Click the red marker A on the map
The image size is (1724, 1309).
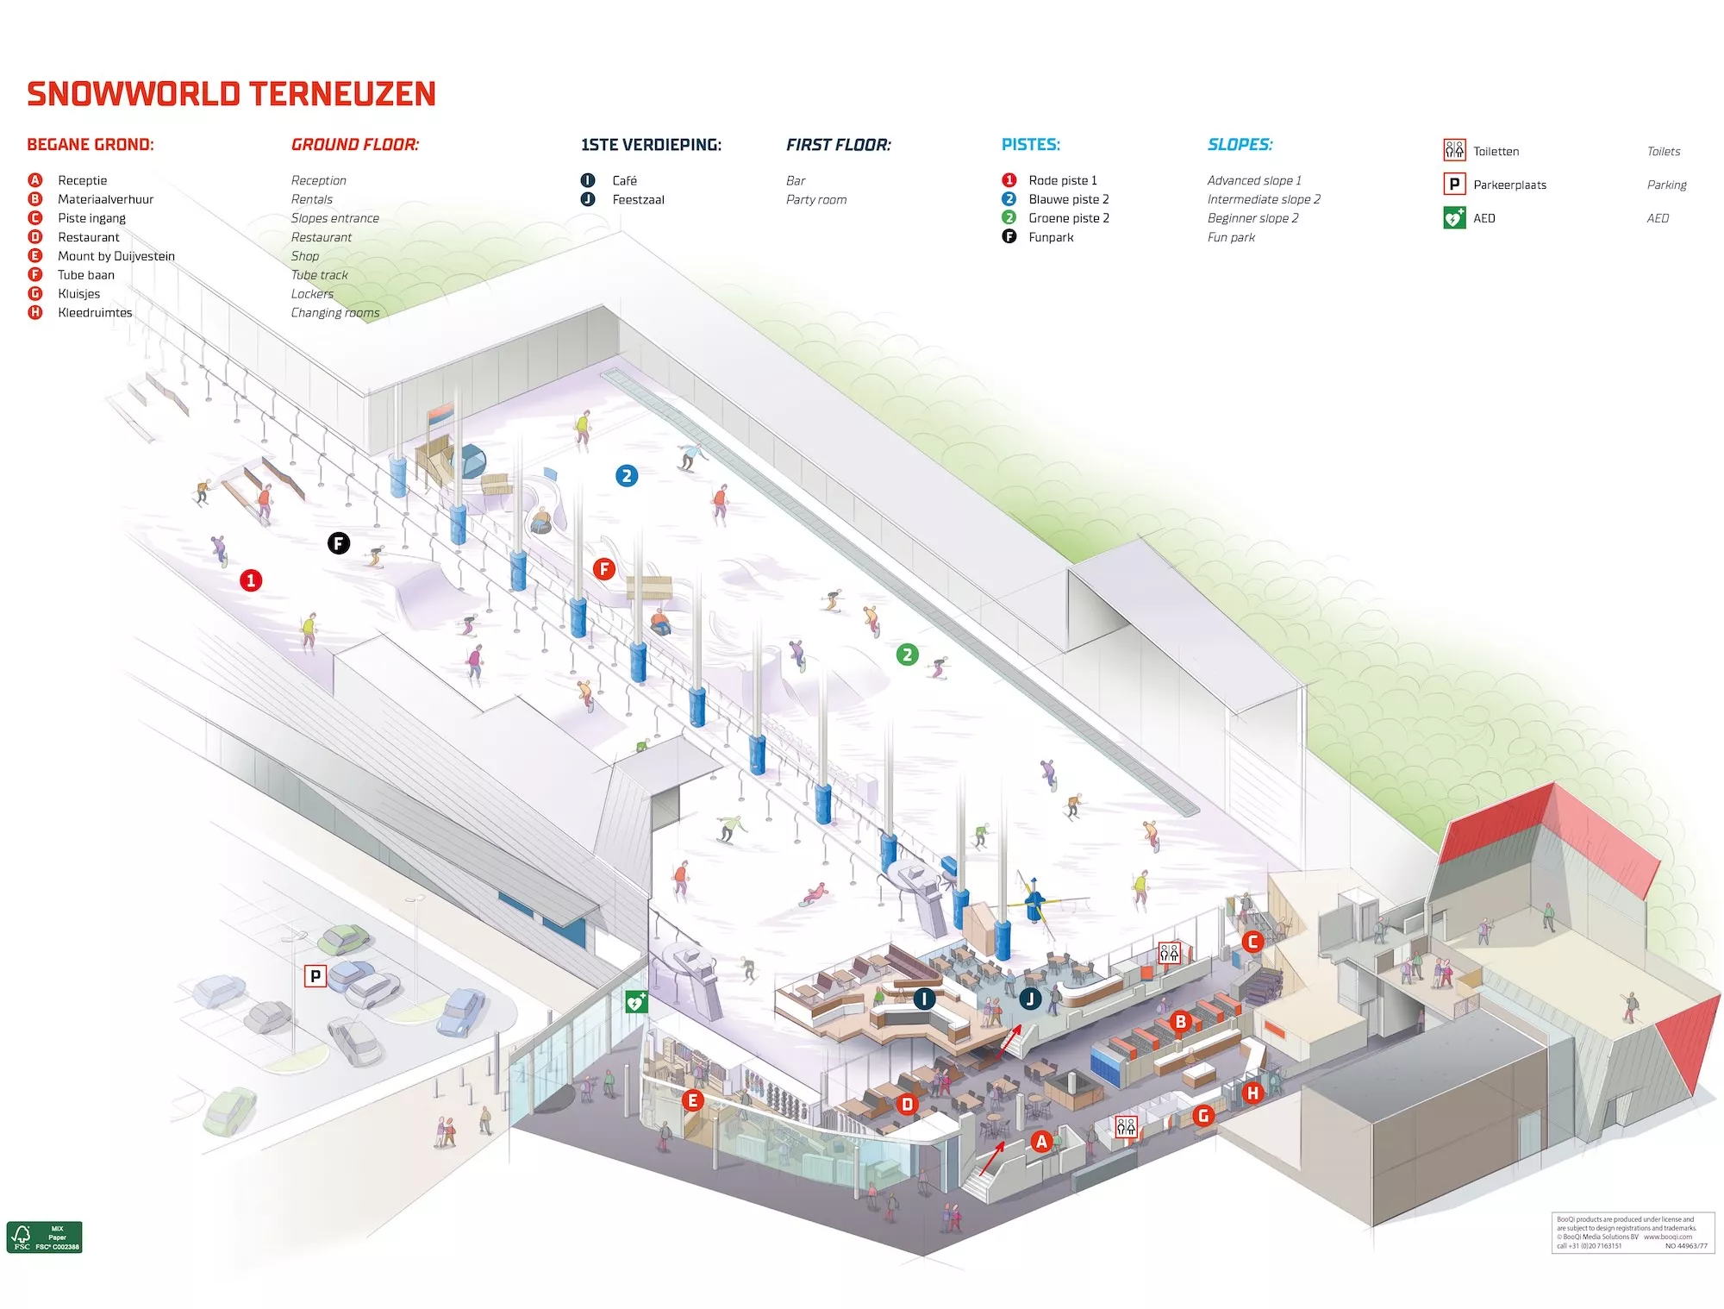[1041, 1142]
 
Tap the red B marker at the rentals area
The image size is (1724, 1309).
[1180, 1022]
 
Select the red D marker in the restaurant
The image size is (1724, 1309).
[907, 1104]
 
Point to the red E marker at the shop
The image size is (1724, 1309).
[692, 1100]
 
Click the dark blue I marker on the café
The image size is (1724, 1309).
[924, 999]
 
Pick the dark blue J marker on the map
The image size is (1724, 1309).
[1030, 999]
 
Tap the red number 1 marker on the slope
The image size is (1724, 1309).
[251, 580]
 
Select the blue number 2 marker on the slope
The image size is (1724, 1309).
[627, 475]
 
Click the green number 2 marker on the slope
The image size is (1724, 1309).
[907, 654]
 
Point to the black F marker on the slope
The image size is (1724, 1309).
[339, 542]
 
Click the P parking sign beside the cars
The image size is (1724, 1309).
[315, 976]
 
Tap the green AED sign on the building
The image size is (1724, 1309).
[636, 1002]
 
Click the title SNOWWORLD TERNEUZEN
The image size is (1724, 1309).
[231, 94]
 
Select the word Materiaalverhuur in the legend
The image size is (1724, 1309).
[105, 199]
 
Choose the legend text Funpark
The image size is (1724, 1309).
[1051, 237]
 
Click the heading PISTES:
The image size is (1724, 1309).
[1031, 145]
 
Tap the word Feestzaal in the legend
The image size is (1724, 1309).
[638, 199]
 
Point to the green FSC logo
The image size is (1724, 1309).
[44, 1237]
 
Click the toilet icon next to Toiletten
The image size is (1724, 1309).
[1454, 151]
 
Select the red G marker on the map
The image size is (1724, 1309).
[1203, 1116]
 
